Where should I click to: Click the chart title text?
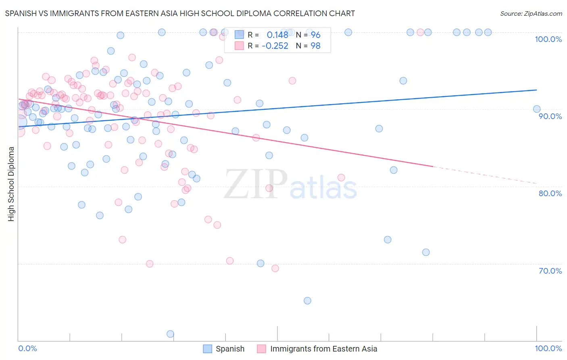[x=180, y=13]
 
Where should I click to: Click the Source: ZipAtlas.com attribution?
[x=531, y=13]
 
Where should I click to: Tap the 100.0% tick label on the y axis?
[x=548, y=39]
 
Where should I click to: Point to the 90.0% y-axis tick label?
[x=550, y=116]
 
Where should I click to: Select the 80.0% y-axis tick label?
[x=550, y=193]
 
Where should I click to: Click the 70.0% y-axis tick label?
[x=550, y=271]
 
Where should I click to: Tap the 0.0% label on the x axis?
[x=27, y=348]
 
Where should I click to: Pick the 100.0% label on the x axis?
[x=548, y=348]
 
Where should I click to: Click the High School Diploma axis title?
[x=11, y=184]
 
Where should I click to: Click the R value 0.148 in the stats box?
[x=277, y=35]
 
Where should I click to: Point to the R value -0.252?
[x=275, y=46]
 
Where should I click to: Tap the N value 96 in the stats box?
[x=315, y=35]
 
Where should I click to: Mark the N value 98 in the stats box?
[x=315, y=46]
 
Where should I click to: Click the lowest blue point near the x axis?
[x=170, y=334]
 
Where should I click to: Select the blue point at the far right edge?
[x=536, y=109]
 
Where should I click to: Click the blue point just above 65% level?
[x=307, y=301]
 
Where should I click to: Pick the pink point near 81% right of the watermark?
[x=341, y=178]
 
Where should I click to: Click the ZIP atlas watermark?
[x=290, y=185]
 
